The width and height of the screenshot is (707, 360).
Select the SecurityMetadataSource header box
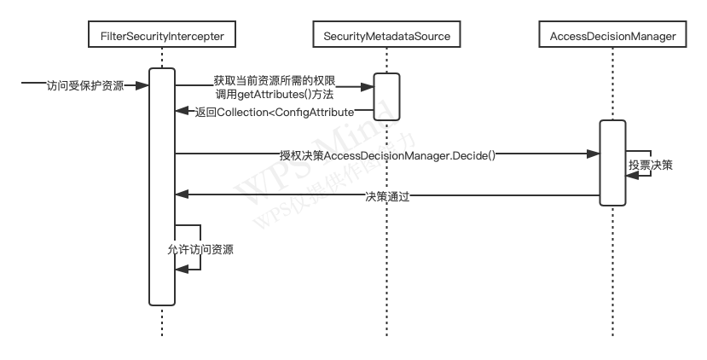coord(387,36)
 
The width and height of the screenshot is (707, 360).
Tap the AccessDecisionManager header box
coord(613,36)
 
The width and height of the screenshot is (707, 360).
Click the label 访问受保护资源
coord(85,85)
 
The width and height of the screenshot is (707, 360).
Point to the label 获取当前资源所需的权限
coord(275,79)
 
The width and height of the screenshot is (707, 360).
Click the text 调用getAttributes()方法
coord(275,95)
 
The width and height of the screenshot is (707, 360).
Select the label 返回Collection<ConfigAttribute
coord(274,112)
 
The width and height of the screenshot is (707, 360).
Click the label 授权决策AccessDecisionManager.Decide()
coord(388,155)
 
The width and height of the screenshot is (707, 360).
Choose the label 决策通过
coord(388,196)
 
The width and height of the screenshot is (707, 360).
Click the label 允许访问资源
coord(200,250)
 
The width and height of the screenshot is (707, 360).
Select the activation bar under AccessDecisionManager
coord(613,162)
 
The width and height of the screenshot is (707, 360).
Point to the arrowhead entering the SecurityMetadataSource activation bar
coord(368,85)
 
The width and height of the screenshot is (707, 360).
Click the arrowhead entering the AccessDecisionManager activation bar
coord(594,154)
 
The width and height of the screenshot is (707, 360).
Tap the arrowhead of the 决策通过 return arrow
coord(181,195)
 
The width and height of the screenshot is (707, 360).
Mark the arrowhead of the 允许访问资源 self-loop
coord(181,269)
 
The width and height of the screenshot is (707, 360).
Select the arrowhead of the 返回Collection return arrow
coord(181,111)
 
